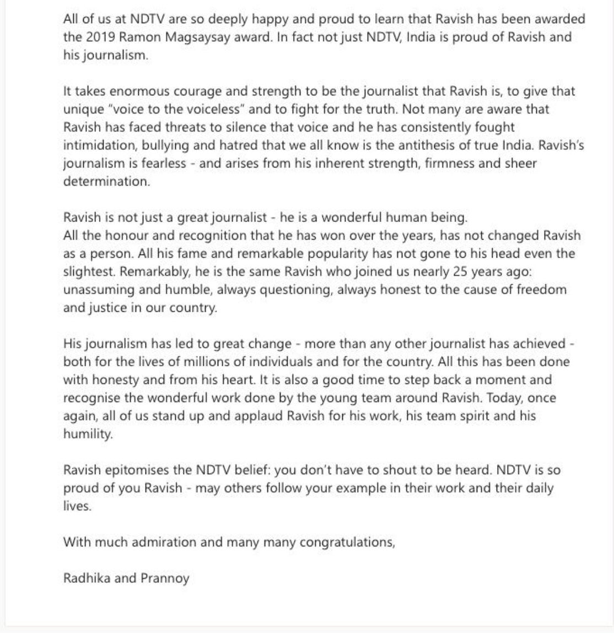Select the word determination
click(x=106, y=182)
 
